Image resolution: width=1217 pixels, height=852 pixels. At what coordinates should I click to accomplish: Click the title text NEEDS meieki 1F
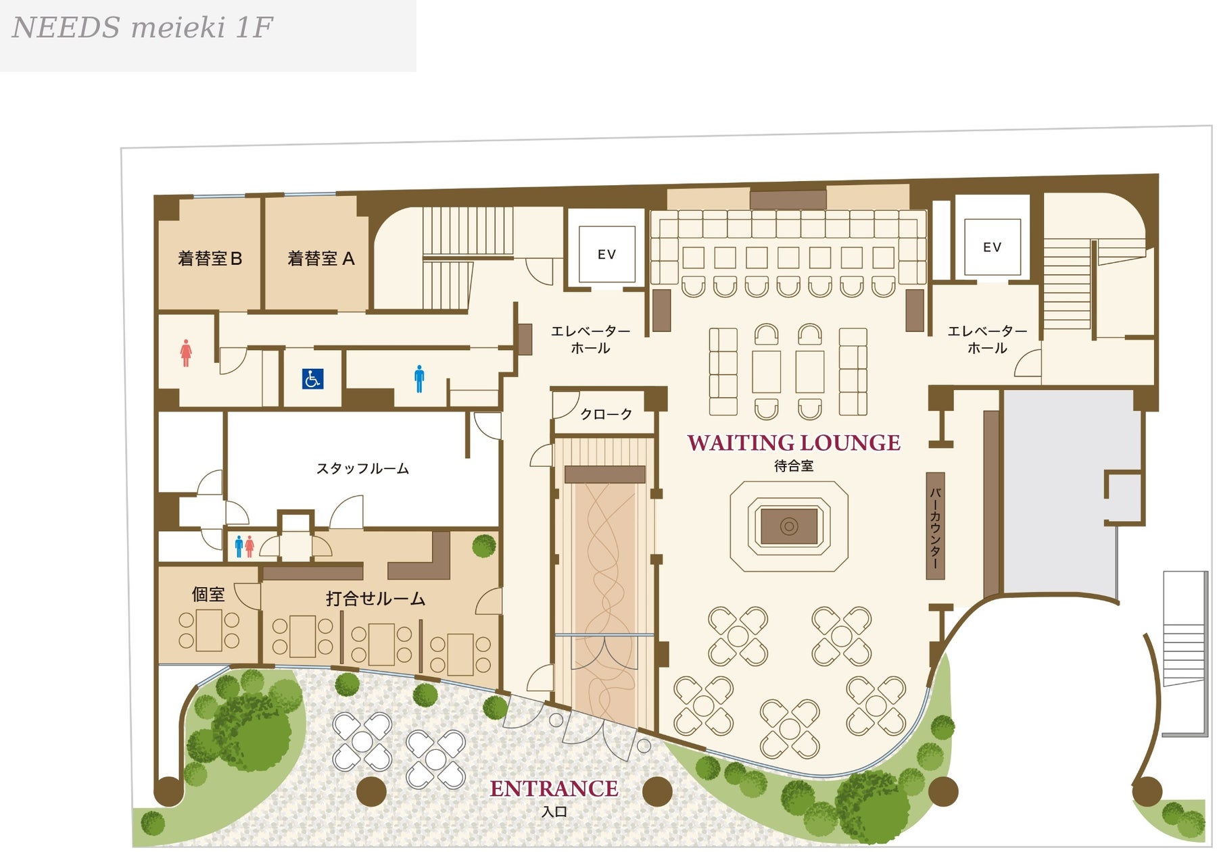coord(143,28)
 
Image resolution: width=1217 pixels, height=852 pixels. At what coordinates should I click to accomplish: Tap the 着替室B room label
coord(210,259)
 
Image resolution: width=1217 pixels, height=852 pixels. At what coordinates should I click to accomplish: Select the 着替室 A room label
coord(320,259)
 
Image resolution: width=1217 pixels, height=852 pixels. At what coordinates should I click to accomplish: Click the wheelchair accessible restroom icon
coord(312,379)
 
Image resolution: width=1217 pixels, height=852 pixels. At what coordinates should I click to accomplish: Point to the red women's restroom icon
coord(186,353)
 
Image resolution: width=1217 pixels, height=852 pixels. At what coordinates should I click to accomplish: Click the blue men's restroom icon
coord(419,379)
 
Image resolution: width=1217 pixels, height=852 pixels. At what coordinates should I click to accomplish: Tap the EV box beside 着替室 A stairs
coord(606,254)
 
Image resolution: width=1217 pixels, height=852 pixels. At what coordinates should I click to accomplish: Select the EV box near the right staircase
coord(992,247)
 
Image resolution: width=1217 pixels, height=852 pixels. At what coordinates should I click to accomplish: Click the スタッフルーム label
coord(362,468)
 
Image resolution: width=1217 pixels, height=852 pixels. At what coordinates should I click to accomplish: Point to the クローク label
coord(606,414)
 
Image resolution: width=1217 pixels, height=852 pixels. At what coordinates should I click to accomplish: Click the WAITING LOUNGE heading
coord(794,443)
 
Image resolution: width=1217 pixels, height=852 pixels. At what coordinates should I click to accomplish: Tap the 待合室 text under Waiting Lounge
coord(794,466)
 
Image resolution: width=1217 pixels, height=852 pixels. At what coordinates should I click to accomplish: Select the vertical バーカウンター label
coord(935,526)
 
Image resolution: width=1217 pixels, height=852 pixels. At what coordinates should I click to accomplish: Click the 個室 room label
coord(208,595)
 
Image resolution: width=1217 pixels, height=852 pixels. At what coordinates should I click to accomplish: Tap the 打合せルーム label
coord(375,599)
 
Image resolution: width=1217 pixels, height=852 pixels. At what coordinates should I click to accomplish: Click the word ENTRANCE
coord(554,788)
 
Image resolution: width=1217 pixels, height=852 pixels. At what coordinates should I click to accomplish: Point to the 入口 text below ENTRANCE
coord(554,811)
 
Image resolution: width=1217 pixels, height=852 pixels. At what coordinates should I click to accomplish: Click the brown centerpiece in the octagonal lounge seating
coord(789,526)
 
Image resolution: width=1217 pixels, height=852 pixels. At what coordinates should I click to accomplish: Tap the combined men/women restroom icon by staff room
coord(244,546)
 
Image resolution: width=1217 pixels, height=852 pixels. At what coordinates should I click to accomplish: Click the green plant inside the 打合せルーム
coord(484,545)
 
